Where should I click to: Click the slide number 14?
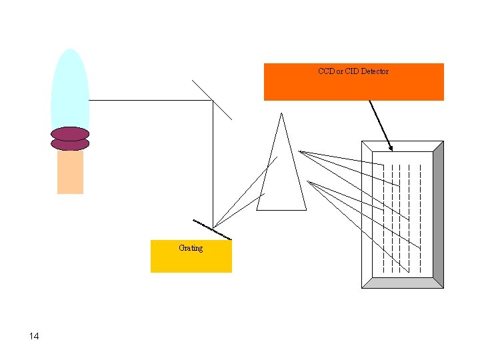34,336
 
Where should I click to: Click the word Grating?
191,248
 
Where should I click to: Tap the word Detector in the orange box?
375,71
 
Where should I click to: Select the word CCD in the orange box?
326,71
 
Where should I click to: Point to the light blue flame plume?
70,87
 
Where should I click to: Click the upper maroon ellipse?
70,133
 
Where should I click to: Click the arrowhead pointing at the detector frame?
391,147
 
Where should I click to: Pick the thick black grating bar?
213,229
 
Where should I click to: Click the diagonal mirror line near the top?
212,100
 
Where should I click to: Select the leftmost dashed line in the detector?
383,220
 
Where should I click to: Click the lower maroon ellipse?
70,144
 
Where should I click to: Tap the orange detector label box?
353,87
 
